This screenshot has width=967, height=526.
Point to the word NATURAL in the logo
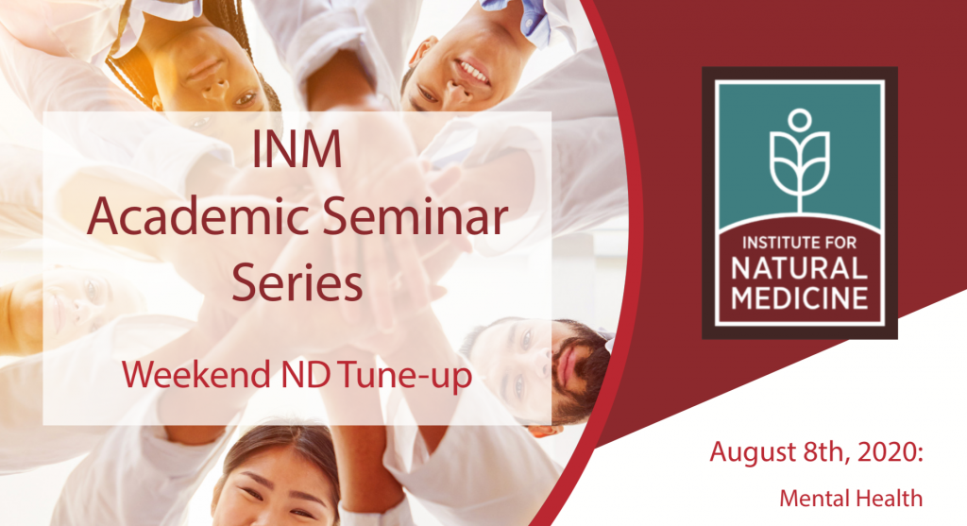799,268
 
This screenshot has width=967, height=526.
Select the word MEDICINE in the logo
799,297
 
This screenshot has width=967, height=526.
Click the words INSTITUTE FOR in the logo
799,243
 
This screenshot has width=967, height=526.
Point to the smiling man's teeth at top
474,73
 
